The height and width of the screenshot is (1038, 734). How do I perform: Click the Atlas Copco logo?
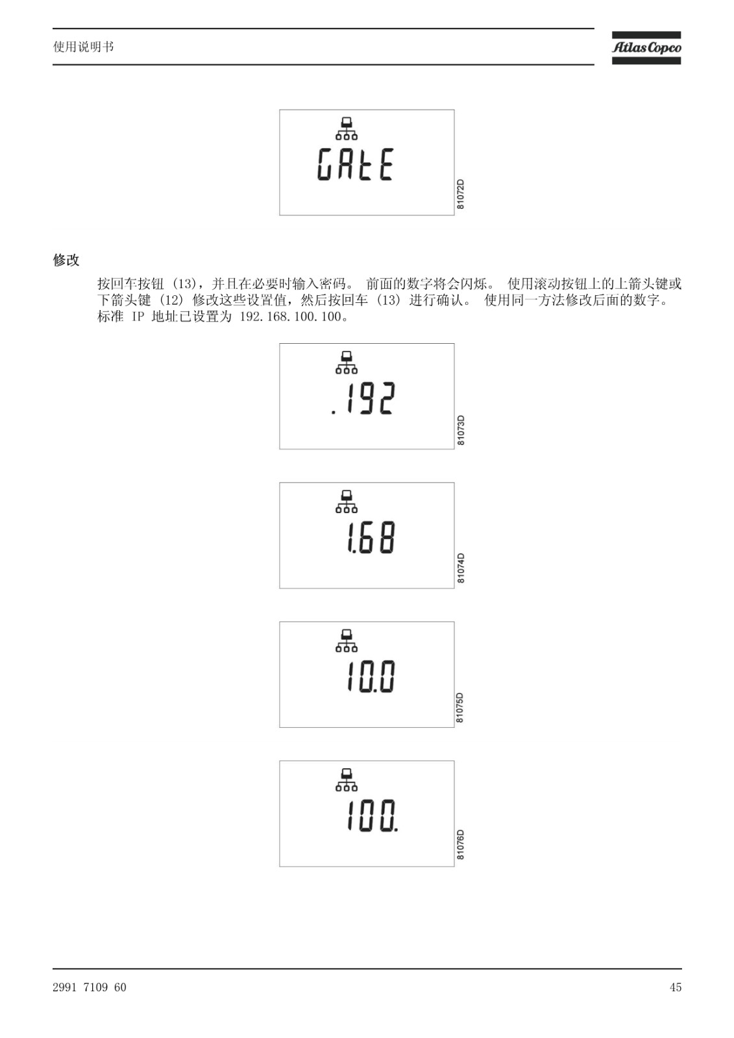(646, 48)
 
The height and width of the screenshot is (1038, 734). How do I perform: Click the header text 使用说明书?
(84, 47)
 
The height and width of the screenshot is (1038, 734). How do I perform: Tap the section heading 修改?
(66, 260)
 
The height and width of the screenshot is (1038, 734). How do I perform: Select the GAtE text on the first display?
(356, 164)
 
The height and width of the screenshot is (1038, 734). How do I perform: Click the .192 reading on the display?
(363, 398)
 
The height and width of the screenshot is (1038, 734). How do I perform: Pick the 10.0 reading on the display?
(371, 677)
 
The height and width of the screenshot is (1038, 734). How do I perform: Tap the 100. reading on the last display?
(373, 815)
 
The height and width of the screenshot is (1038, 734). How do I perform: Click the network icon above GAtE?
(347, 129)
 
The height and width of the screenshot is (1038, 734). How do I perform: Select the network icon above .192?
(347, 363)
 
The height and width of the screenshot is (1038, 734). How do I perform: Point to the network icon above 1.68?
(347, 501)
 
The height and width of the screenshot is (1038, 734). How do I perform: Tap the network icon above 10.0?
(347, 641)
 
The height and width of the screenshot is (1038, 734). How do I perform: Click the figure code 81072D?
(460, 194)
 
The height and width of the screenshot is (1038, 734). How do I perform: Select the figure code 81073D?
(460, 431)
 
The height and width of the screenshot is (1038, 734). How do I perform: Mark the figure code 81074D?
(460, 568)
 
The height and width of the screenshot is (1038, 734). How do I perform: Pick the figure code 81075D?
(460, 708)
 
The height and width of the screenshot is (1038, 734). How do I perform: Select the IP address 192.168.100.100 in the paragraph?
(291, 317)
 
